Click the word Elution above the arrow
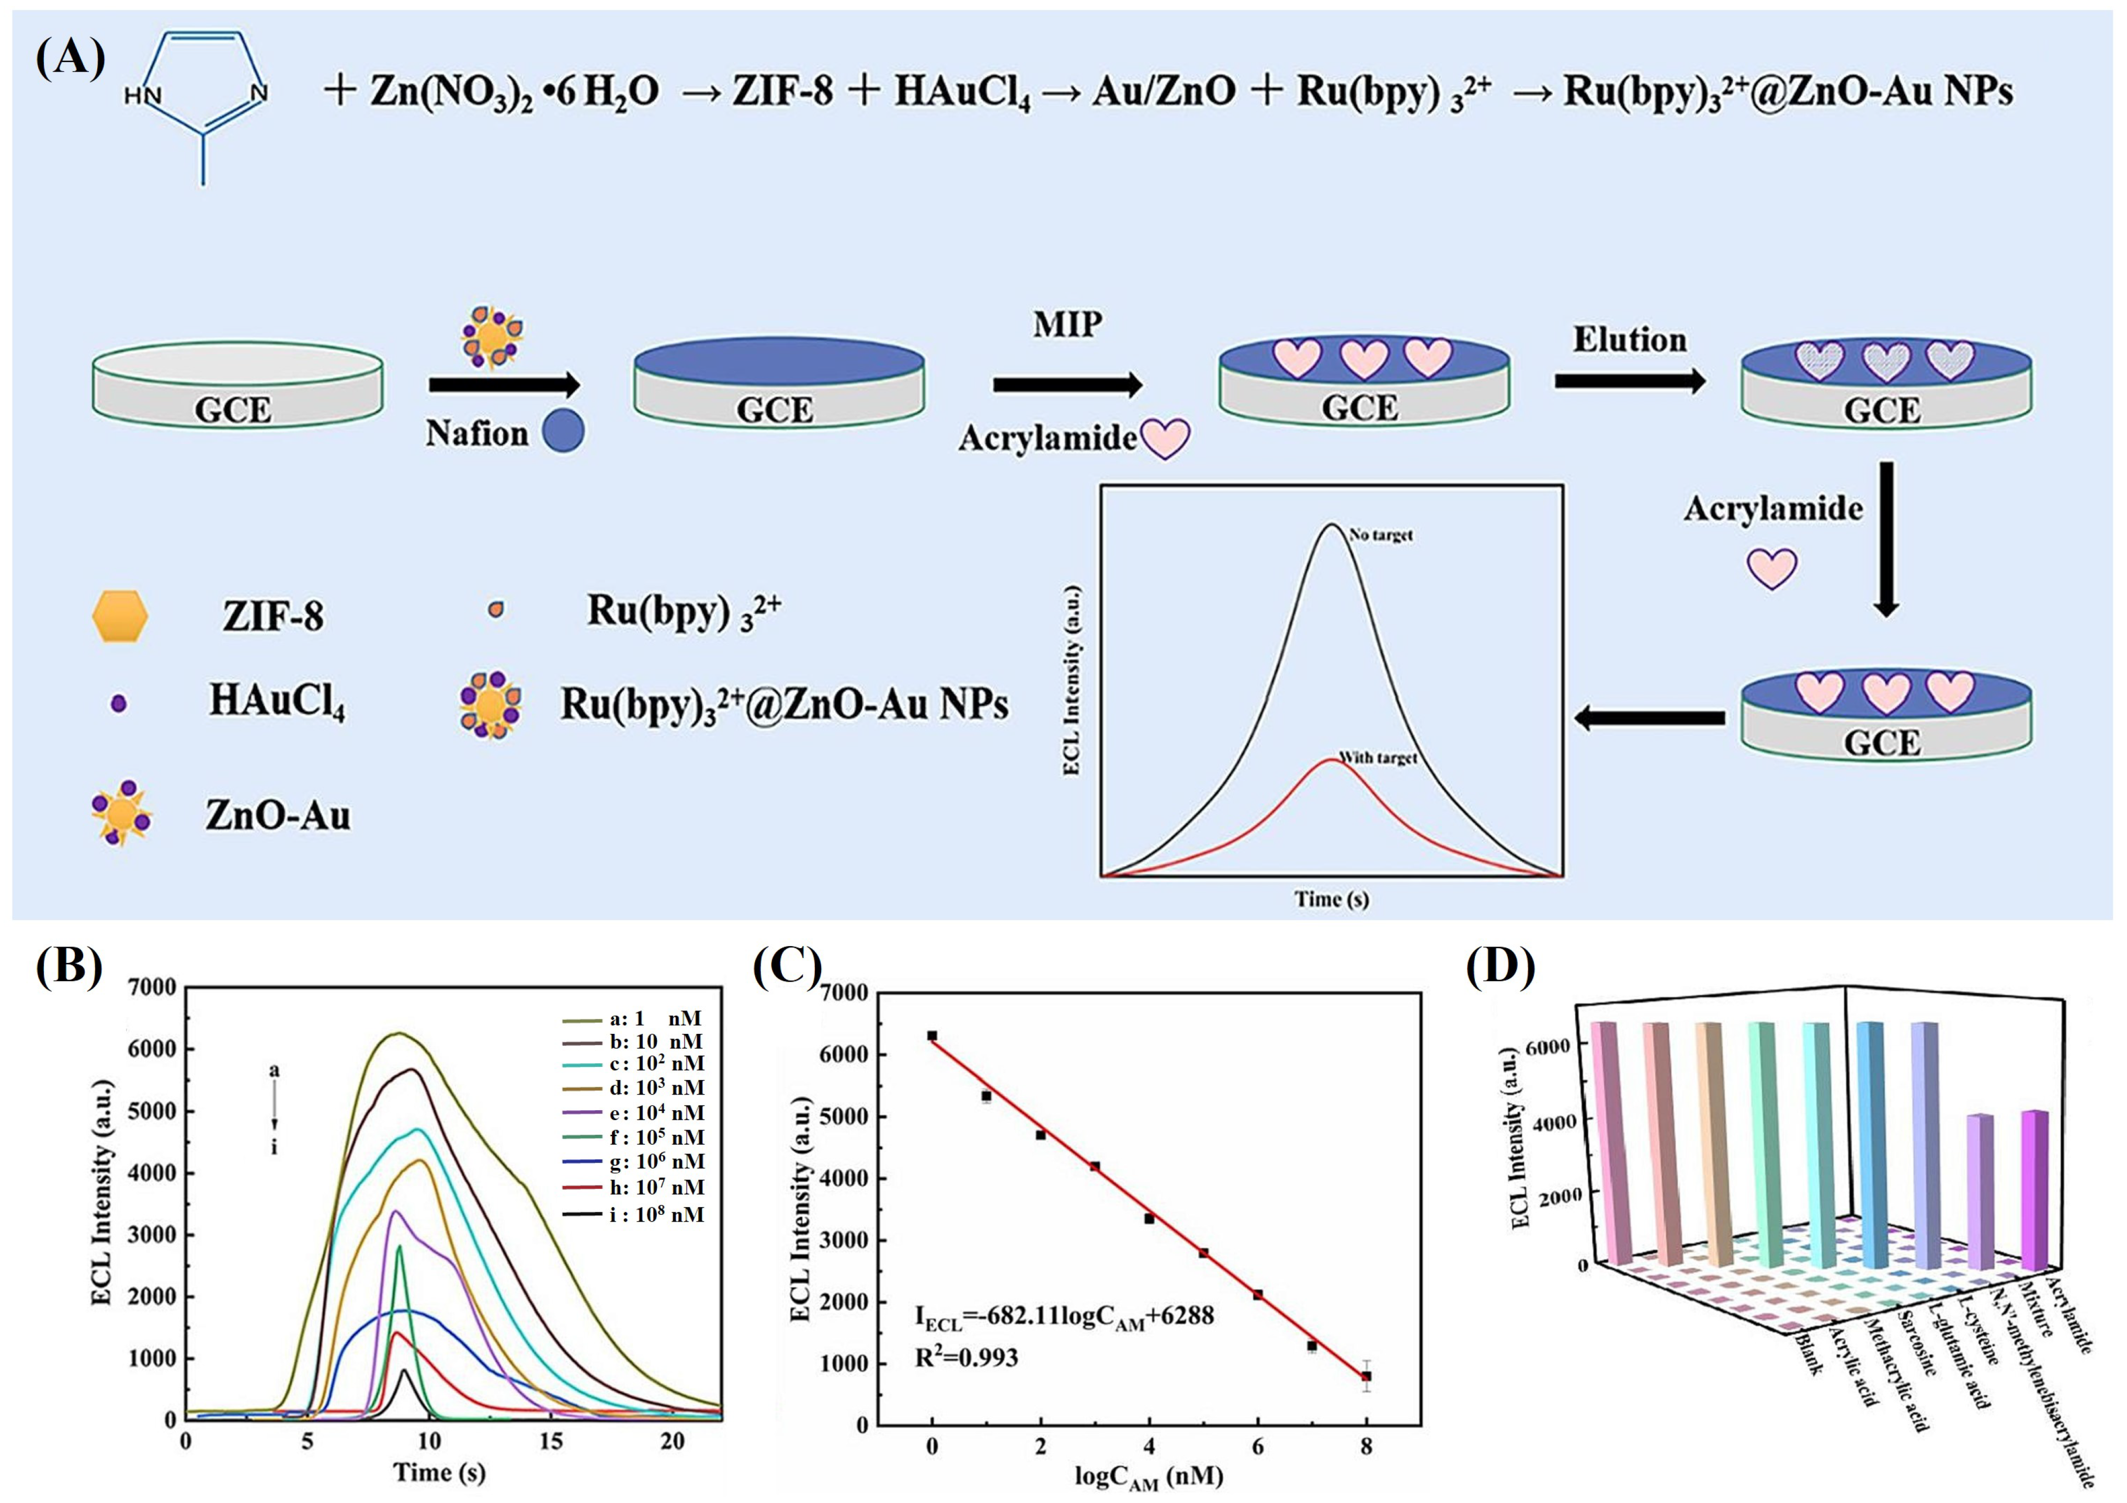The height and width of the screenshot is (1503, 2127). tap(1630, 340)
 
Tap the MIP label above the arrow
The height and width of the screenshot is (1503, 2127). tap(1067, 324)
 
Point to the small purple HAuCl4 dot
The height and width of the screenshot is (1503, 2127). tap(118, 703)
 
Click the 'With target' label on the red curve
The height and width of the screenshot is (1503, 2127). tap(1379, 758)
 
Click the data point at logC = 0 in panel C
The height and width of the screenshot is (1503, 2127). tap(932, 1036)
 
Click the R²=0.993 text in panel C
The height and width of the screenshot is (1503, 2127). tap(966, 1359)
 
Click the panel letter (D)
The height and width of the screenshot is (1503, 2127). tap(1501, 966)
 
